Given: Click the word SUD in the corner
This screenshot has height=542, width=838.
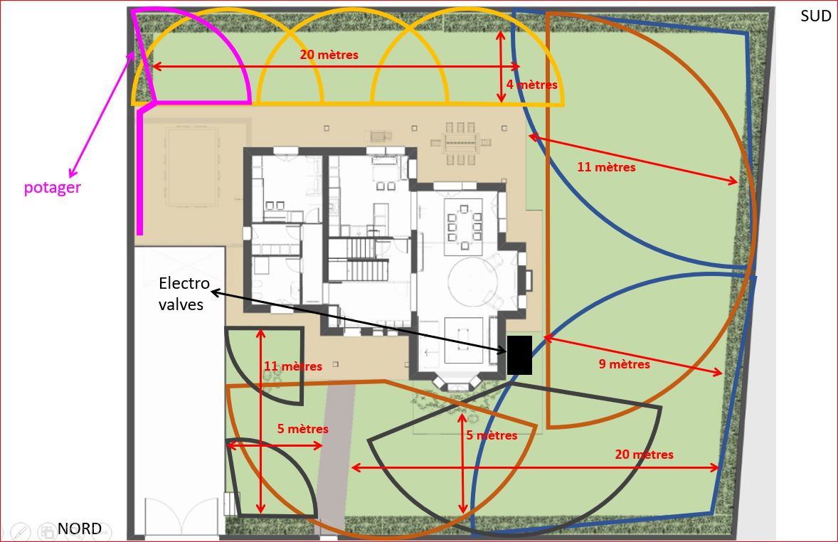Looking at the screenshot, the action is pos(815,16).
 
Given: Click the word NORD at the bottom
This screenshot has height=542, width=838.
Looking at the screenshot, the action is pos(80,528).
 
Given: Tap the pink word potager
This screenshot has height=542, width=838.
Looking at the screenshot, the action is pos(53,188).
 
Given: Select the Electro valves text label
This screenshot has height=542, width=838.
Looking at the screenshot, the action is pos(184,294).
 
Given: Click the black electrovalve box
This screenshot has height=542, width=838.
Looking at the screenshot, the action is pos(519,355).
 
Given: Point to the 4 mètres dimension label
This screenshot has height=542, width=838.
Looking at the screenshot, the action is pos(532,85).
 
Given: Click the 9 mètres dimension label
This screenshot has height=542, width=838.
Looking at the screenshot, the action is pos(624,364).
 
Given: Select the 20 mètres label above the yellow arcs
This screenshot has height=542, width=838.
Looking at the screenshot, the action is pos(329,55).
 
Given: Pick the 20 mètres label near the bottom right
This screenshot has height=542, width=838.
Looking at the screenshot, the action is pos(644,455).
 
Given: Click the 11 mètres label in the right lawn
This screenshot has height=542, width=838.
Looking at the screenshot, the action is pos(606,166).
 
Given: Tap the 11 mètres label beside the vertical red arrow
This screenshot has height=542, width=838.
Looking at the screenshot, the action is pos(293,366).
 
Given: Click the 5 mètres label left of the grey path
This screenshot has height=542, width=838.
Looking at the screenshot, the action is pos(302,429).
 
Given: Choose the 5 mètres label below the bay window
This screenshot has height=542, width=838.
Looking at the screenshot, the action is pos(492,435).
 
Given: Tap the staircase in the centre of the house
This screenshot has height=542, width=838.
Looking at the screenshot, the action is pos(358,260).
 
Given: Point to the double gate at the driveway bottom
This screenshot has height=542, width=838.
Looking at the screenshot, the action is pos(181,516).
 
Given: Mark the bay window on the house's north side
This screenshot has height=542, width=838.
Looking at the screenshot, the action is pos(457,382).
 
